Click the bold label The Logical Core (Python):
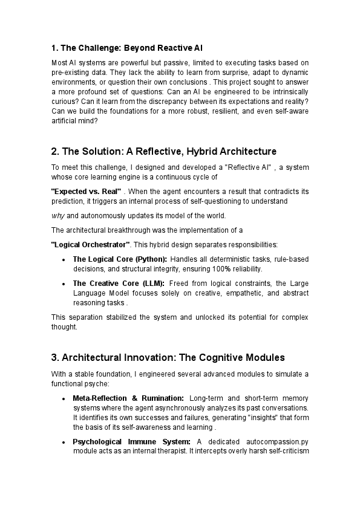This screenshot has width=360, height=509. (120, 259)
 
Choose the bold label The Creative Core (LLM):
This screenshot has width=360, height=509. (119, 284)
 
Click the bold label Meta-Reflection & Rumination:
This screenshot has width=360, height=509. (128, 398)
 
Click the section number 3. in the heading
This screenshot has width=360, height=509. (55, 357)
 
